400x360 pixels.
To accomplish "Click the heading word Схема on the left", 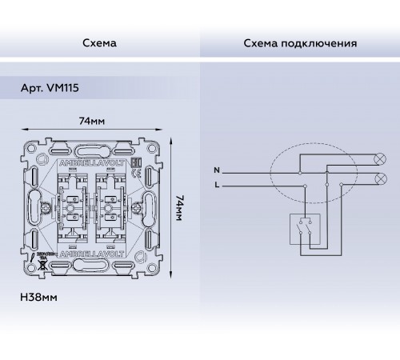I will click(x=99, y=43).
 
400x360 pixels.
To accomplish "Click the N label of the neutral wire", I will click(x=216, y=171).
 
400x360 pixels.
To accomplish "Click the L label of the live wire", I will click(x=216, y=185).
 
